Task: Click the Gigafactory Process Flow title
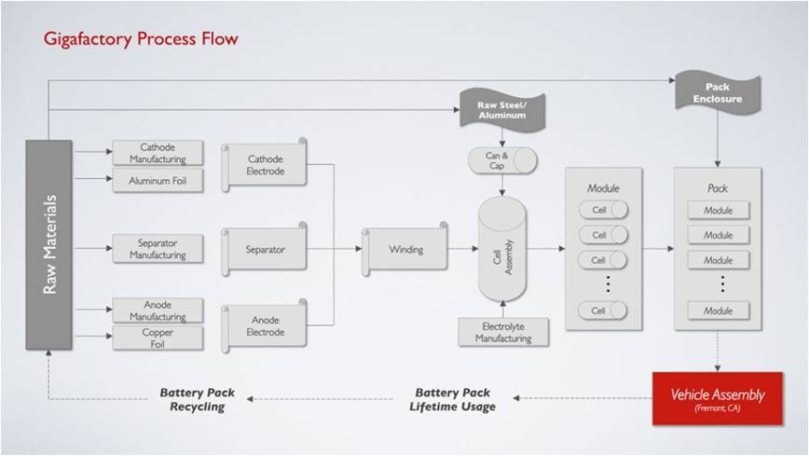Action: (141, 39)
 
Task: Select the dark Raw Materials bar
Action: (49, 244)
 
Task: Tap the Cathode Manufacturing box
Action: (158, 153)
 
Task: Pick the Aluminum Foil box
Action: (158, 181)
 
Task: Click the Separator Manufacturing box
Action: (158, 248)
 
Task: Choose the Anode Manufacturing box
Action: (158, 311)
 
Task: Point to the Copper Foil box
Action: (158, 339)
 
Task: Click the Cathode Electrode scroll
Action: (264, 165)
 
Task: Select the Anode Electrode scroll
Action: (264, 325)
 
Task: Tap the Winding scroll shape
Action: (405, 249)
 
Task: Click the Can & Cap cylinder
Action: (502, 160)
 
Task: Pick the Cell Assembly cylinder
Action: (502, 249)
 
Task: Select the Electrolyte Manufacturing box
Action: (503, 332)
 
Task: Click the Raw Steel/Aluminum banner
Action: (502, 110)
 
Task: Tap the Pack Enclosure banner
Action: (718, 93)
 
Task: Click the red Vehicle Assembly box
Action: (718, 399)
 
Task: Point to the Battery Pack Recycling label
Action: (197, 399)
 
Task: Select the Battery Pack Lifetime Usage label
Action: (452, 399)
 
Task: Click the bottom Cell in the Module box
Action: (603, 311)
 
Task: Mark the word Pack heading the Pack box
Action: (718, 188)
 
